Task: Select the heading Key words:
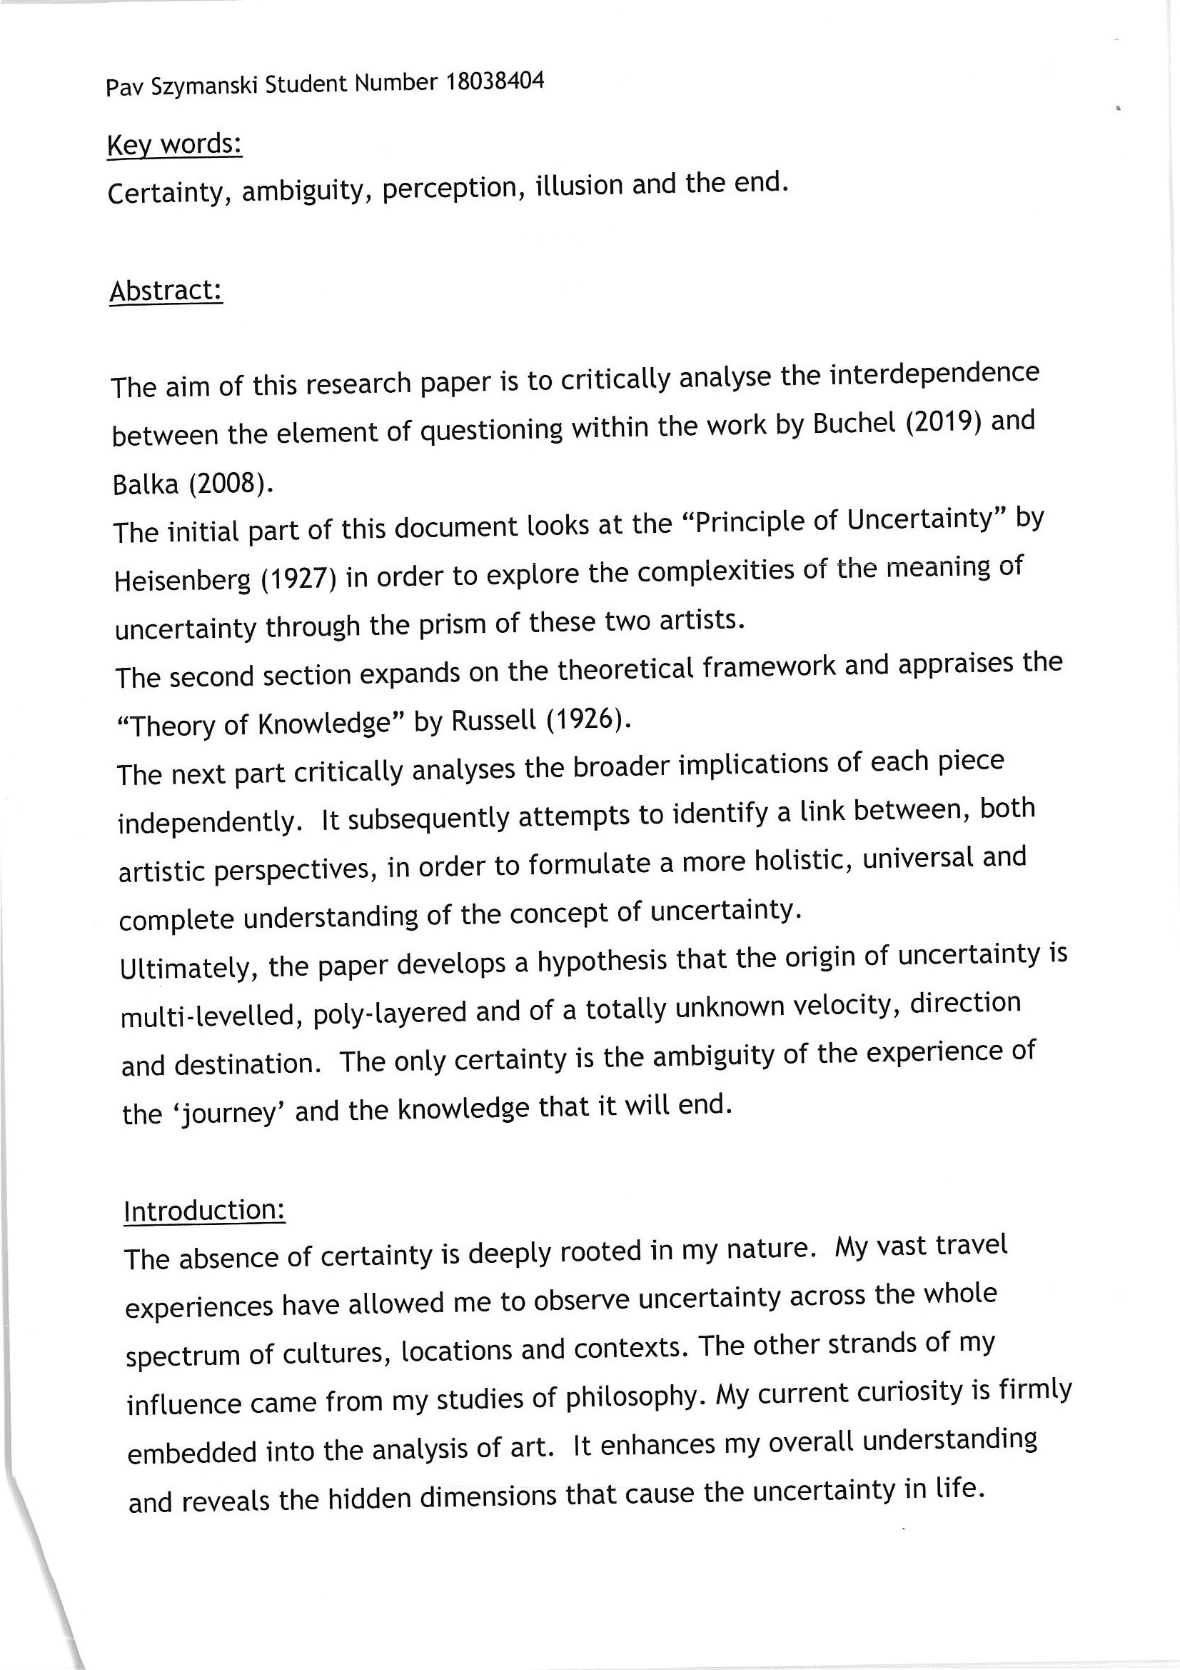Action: [174, 145]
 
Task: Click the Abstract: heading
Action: [166, 291]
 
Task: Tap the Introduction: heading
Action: [204, 1211]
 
